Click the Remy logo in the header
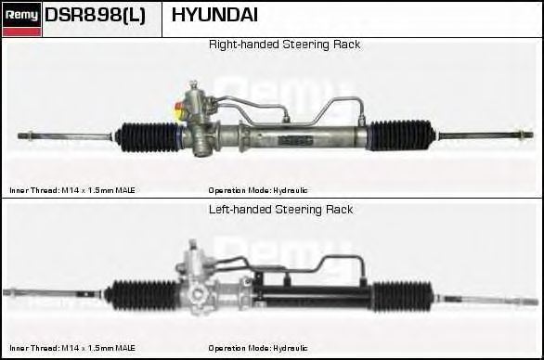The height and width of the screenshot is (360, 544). (21, 19)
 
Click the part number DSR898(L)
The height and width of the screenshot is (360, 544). (95, 15)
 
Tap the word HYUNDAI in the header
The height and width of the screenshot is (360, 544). (214, 15)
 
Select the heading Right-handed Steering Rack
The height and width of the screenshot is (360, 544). (284, 45)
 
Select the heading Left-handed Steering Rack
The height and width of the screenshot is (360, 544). (280, 210)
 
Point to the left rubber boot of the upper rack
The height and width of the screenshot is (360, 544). (149, 137)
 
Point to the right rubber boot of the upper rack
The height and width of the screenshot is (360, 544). (402, 135)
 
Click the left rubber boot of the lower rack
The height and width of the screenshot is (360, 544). (142, 295)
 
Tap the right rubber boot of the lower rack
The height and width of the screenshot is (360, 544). (404, 297)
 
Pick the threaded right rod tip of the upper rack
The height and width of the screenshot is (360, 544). (524, 135)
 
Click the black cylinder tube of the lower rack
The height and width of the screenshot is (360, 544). (312, 297)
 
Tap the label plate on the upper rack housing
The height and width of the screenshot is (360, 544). (295, 140)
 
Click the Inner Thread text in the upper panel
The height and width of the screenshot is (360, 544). (72, 190)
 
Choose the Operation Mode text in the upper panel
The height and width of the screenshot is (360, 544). (258, 190)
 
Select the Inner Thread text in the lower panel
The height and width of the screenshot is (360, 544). (72, 348)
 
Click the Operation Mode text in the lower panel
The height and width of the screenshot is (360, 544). (258, 348)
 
